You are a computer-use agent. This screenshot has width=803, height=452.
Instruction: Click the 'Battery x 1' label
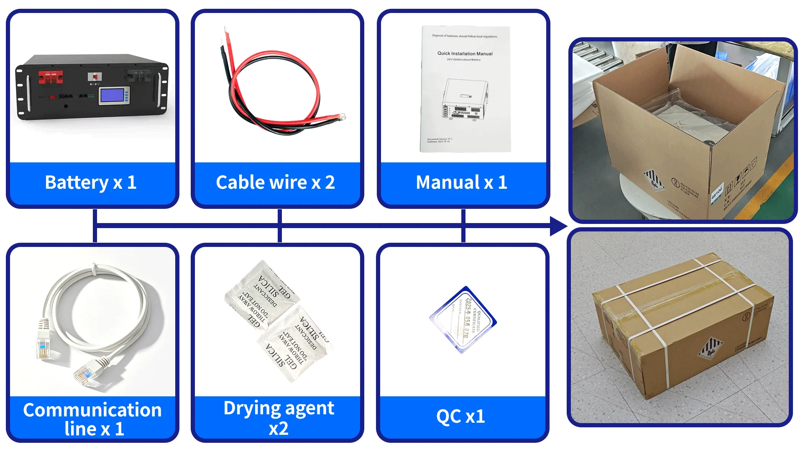[91, 182]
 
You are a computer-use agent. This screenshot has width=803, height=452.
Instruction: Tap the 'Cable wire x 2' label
[275, 182]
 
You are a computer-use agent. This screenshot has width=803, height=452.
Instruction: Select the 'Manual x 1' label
[461, 182]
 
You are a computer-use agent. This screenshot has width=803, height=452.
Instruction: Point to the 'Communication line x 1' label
[92, 419]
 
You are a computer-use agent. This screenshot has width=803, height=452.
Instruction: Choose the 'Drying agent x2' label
[279, 418]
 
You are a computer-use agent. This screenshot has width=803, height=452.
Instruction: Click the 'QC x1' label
[460, 416]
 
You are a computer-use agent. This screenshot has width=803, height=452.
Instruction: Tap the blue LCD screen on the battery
[114, 95]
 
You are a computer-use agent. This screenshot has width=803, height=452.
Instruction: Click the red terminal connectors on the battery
[51, 77]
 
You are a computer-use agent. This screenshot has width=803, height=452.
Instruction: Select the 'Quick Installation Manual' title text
[465, 54]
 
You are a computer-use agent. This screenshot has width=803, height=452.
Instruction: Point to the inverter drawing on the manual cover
[464, 100]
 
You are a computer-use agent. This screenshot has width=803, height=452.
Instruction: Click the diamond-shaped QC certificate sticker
[463, 320]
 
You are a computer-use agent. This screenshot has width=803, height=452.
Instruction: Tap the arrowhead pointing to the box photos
[558, 226]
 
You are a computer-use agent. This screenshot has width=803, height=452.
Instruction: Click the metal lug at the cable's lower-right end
[341, 117]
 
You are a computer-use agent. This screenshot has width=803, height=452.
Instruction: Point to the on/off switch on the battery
[95, 77]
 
